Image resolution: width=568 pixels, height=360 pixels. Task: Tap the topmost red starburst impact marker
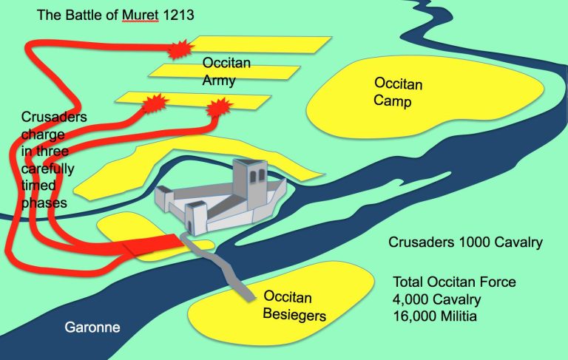[x=178, y=50]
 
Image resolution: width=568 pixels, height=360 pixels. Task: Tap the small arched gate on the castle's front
[x=197, y=219]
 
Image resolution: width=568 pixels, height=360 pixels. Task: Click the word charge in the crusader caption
[x=42, y=134]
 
